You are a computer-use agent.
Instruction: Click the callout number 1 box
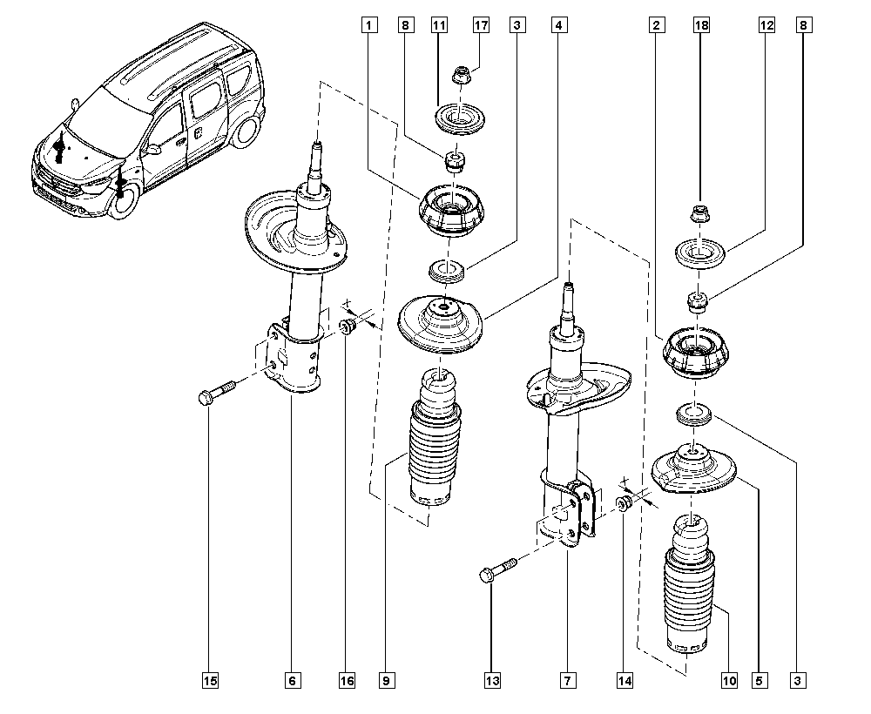[371, 26]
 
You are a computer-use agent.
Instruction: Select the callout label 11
[438, 26]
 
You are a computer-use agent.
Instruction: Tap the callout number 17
[480, 26]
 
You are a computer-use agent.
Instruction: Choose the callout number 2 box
[654, 26]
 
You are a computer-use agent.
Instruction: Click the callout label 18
[701, 26]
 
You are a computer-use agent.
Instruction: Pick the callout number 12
[766, 26]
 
